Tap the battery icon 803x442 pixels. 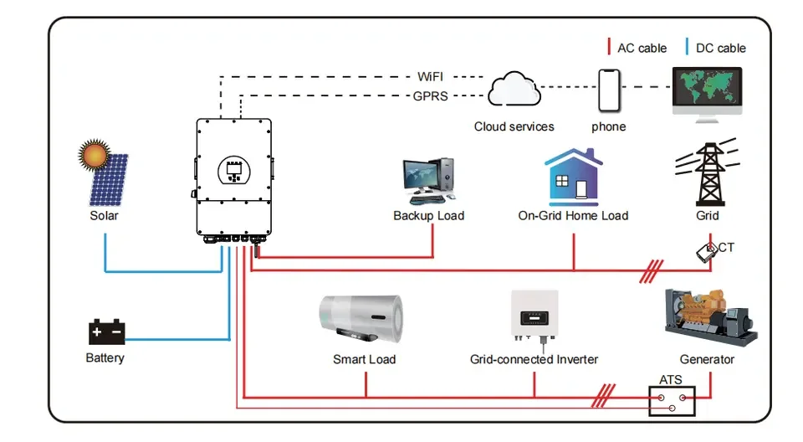tap(106, 332)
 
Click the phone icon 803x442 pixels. tap(609, 90)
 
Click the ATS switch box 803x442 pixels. tap(673, 400)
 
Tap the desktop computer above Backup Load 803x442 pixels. tap(428, 180)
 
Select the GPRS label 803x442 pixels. tap(431, 96)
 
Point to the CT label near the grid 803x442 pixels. tap(726, 248)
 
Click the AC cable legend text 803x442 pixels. tap(642, 48)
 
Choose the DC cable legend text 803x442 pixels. tap(720, 48)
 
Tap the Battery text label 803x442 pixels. tap(105, 358)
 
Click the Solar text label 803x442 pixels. tap(105, 216)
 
